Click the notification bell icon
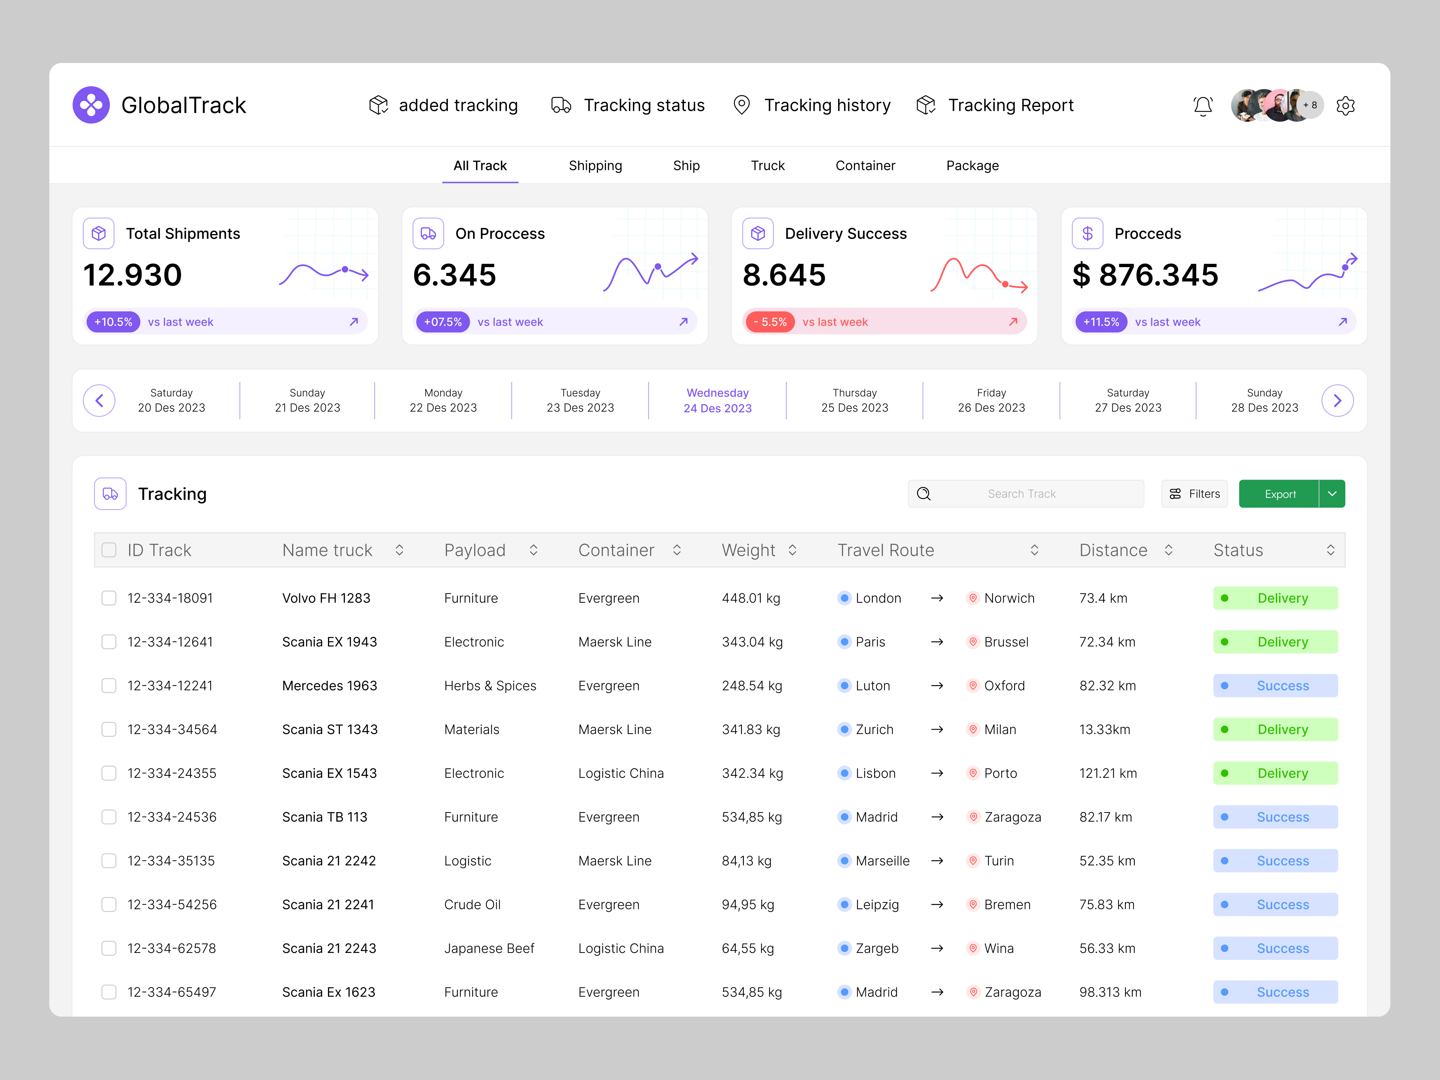click(1202, 105)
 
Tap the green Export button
click(1279, 494)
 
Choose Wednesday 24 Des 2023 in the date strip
click(717, 400)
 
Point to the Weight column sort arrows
click(792, 550)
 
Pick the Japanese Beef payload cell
click(489, 949)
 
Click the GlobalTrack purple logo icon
click(91, 105)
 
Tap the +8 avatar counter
click(1310, 105)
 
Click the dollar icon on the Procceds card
click(1087, 234)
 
